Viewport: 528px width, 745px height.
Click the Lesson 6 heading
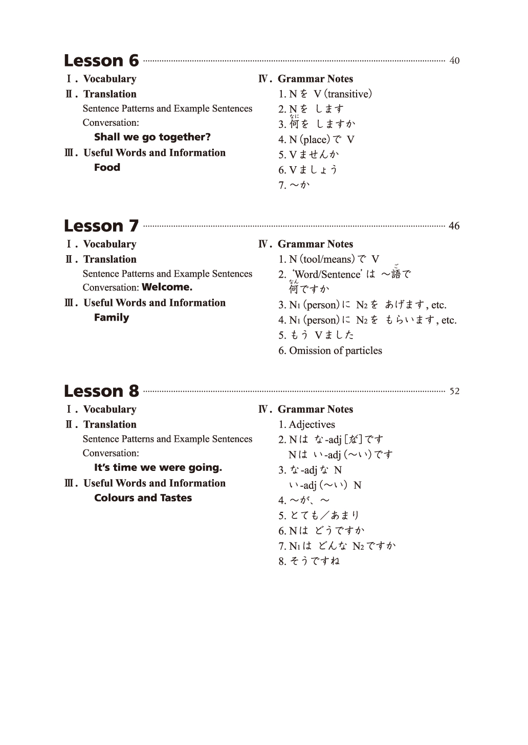coord(101,61)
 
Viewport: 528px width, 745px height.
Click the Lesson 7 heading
coord(101,226)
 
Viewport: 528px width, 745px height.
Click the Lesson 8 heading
coord(101,391)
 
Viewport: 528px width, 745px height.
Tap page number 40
coord(454,61)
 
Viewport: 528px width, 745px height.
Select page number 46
coord(454,226)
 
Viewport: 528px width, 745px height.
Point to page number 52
coord(454,392)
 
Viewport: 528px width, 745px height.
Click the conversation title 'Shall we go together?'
coord(152,137)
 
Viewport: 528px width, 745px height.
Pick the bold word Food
coord(107,167)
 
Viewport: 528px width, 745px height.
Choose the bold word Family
coord(112,318)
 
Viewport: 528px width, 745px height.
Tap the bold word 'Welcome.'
coord(167,287)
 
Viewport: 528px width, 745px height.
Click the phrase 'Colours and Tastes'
coord(143,498)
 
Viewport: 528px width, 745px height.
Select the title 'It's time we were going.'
coord(158,467)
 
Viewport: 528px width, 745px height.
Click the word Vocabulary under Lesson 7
coord(109,244)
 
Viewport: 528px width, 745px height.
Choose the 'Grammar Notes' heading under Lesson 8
coord(315,410)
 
